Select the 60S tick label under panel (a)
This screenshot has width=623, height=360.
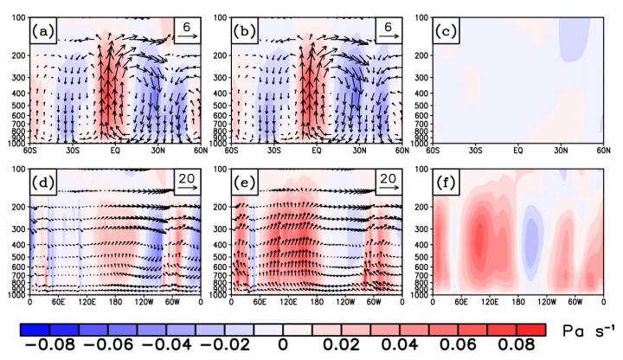pyautogui.click(x=32, y=149)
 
